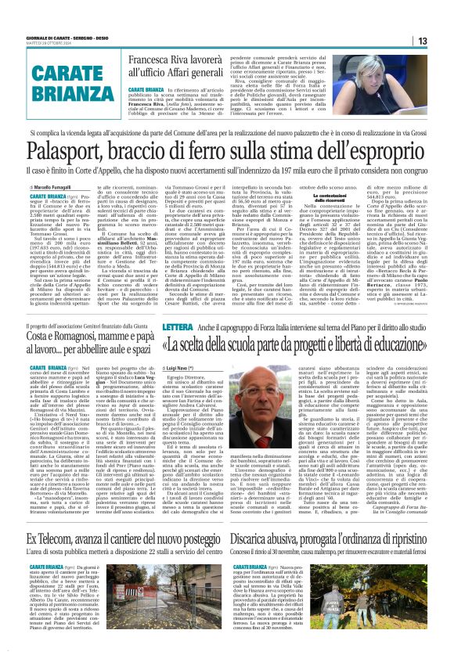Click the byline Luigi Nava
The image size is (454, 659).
click(x=157, y=365)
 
